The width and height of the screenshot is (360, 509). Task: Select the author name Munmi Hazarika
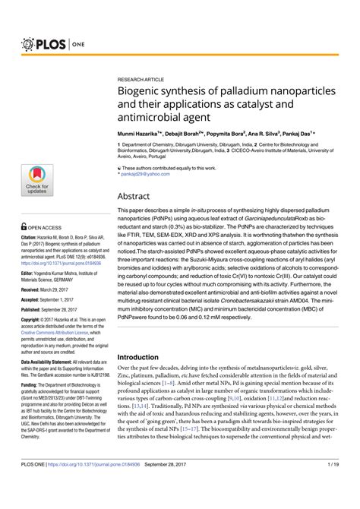pos(141,131)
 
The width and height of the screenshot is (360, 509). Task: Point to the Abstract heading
pos(136,195)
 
